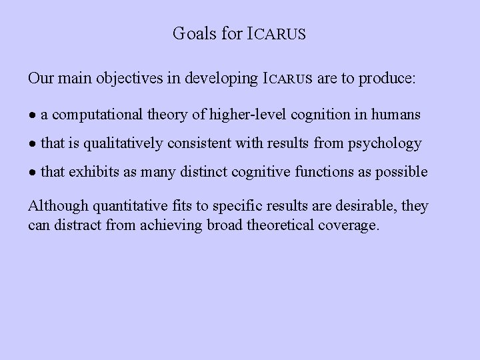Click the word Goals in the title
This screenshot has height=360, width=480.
[x=193, y=33]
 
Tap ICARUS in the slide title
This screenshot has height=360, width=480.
[x=277, y=33]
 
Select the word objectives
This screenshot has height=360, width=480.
[x=121, y=79]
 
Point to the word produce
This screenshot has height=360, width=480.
[x=385, y=79]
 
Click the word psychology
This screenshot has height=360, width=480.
[x=388, y=143]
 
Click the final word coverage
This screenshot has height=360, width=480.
[x=347, y=225]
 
